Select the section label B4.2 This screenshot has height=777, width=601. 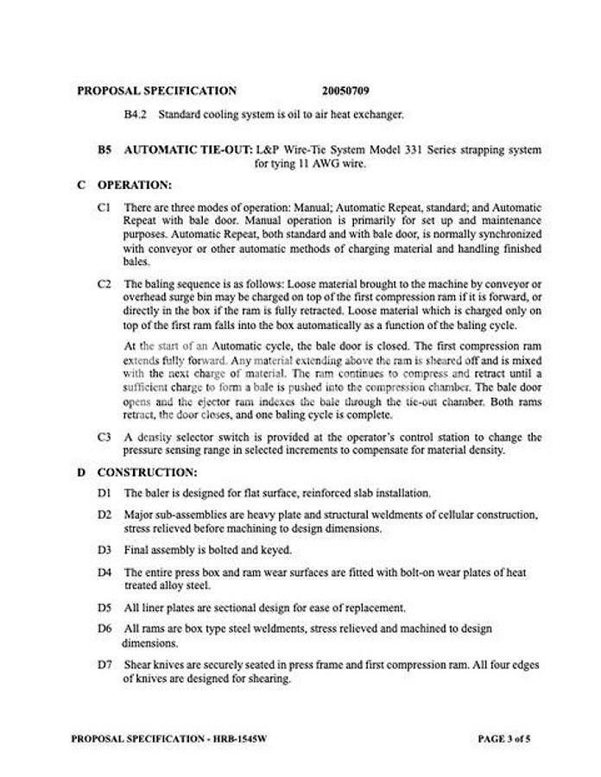(x=136, y=114)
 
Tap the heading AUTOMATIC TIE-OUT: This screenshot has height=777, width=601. (x=188, y=149)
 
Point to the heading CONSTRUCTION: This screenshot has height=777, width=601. (x=147, y=472)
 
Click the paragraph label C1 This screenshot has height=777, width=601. (x=105, y=207)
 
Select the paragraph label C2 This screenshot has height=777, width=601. (x=105, y=283)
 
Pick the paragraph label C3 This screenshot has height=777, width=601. (x=105, y=437)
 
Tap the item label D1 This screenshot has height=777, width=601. (x=105, y=494)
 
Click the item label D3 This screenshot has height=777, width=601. (x=105, y=550)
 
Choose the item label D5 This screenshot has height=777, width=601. (x=105, y=608)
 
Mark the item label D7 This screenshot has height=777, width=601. (x=105, y=665)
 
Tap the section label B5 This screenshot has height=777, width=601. (x=104, y=149)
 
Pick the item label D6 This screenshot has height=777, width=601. (x=105, y=629)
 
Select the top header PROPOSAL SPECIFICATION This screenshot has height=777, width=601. (x=156, y=90)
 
